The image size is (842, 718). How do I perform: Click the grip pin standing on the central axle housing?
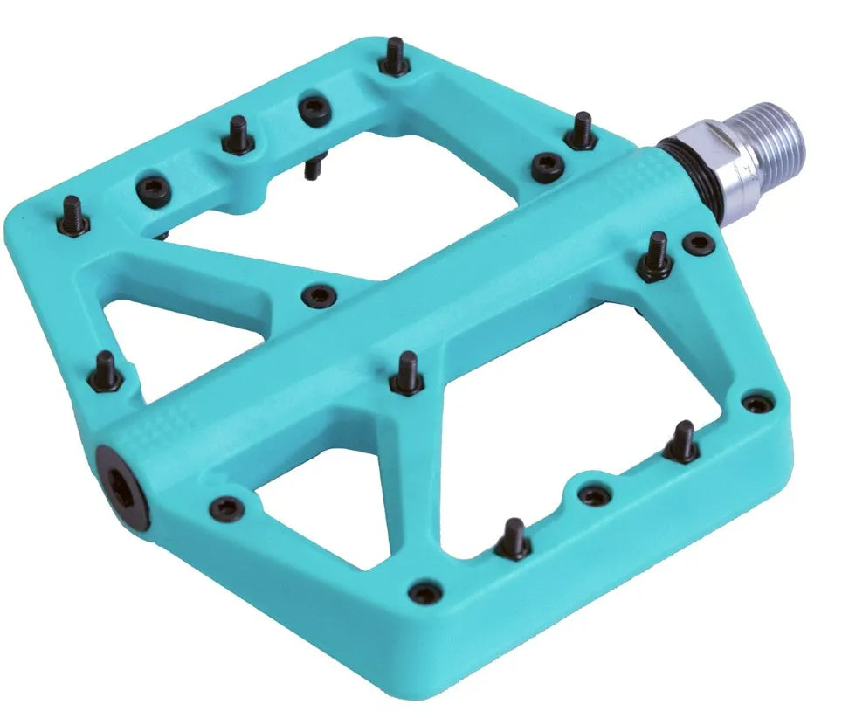pos(404,373)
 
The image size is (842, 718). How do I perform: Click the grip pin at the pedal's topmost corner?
pos(394,57)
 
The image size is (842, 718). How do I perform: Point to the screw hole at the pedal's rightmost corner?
pos(754,404)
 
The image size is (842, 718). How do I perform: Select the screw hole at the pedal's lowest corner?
pos(425,592)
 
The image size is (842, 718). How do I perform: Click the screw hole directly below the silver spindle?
pos(697,243)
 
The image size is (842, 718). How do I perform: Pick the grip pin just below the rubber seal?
pos(657,257)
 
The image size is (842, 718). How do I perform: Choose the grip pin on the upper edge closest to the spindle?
pos(579,131)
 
